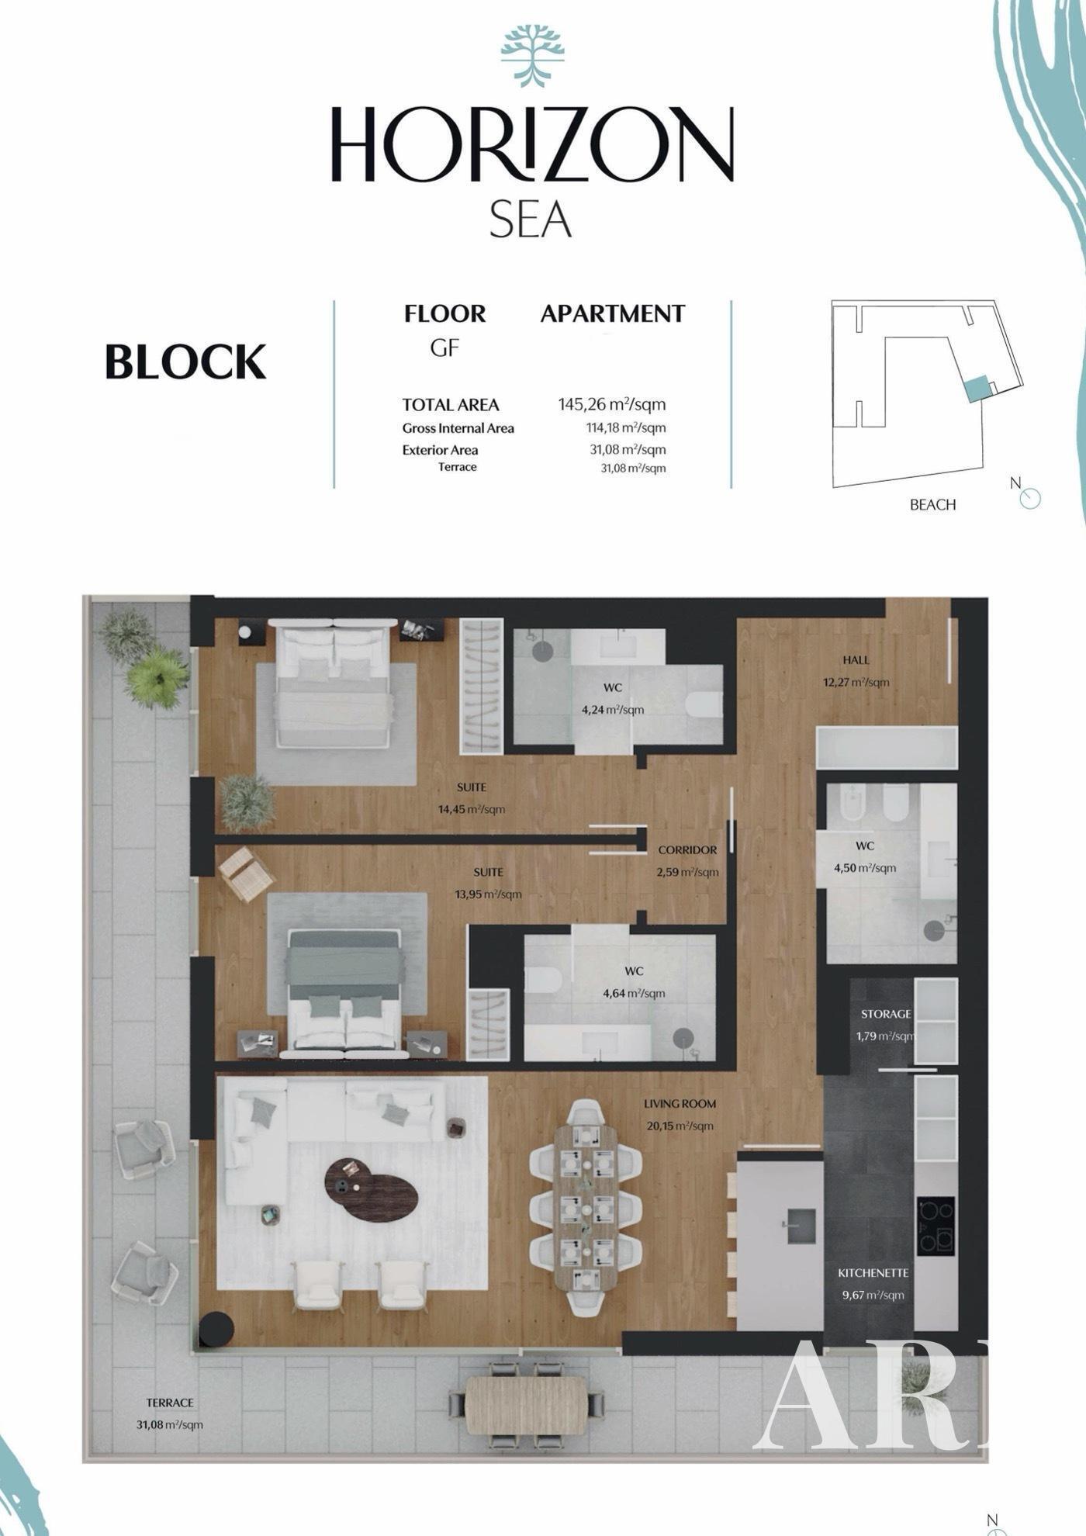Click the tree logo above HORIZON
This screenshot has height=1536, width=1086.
click(x=532, y=56)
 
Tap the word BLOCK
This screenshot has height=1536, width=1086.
click(x=185, y=362)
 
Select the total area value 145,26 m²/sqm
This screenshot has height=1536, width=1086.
click(x=612, y=404)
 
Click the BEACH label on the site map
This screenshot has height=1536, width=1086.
click(x=932, y=504)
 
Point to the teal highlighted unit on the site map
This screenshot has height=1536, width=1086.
click(x=977, y=388)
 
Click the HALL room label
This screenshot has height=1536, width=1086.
click(x=856, y=660)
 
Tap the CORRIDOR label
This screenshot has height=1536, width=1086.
click(x=687, y=850)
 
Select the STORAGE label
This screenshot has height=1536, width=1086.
click(x=886, y=1014)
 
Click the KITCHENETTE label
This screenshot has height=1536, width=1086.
click(x=873, y=1273)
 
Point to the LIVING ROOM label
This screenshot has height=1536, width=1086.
click(x=680, y=1103)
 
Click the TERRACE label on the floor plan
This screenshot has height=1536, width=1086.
click(x=170, y=1403)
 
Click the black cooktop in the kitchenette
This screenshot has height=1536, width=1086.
click(x=936, y=1226)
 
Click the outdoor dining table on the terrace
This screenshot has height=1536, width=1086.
click(x=527, y=1405)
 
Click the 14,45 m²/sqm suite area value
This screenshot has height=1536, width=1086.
click(x=472, y=809)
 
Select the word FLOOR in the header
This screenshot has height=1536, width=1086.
click(x=444, y=313)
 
